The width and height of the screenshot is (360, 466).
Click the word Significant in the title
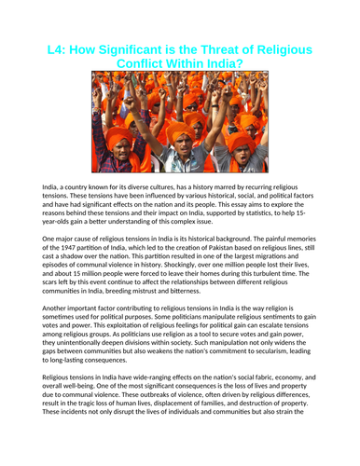click(139, 49)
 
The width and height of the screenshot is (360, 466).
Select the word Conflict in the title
click(149, 65)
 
